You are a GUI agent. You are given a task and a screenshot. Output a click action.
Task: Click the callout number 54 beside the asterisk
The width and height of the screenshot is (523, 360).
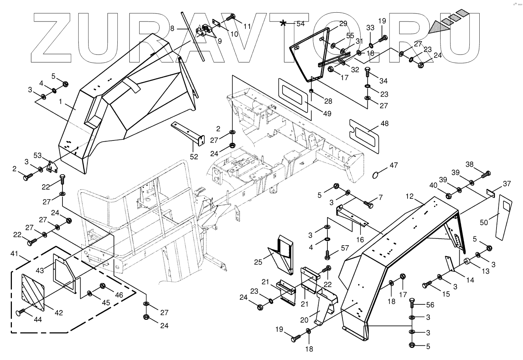tap(300, 24)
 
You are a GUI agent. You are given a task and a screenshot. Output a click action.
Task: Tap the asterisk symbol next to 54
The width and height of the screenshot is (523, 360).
tap(283, 23)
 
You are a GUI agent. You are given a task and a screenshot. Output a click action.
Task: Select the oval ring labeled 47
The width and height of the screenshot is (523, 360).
tap(377, 175)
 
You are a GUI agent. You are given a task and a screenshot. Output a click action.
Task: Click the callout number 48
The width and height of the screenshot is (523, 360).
tap(384, 124)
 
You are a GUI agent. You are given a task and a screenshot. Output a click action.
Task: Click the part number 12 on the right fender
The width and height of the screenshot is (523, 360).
tap(410, 197)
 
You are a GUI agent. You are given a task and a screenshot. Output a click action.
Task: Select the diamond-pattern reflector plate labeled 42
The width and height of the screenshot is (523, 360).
tap(33, 291)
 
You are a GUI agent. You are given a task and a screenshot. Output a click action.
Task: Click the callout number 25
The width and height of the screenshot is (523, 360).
tap(258, 262)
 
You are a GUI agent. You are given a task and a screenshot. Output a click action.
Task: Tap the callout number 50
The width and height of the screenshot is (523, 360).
tap(484, 222)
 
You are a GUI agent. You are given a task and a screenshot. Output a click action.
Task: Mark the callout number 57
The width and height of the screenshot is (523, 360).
tap(345, 248)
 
